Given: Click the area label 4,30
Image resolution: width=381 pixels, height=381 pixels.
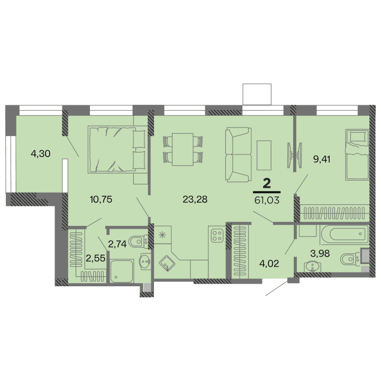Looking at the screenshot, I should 41,155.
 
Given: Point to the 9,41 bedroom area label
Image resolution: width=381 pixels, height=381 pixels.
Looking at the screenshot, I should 322,158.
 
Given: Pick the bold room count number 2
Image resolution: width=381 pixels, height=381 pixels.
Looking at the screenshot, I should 267,184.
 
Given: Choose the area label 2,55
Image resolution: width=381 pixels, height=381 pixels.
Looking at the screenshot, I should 95,259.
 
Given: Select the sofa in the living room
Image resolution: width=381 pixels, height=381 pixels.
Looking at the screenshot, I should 238,154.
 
